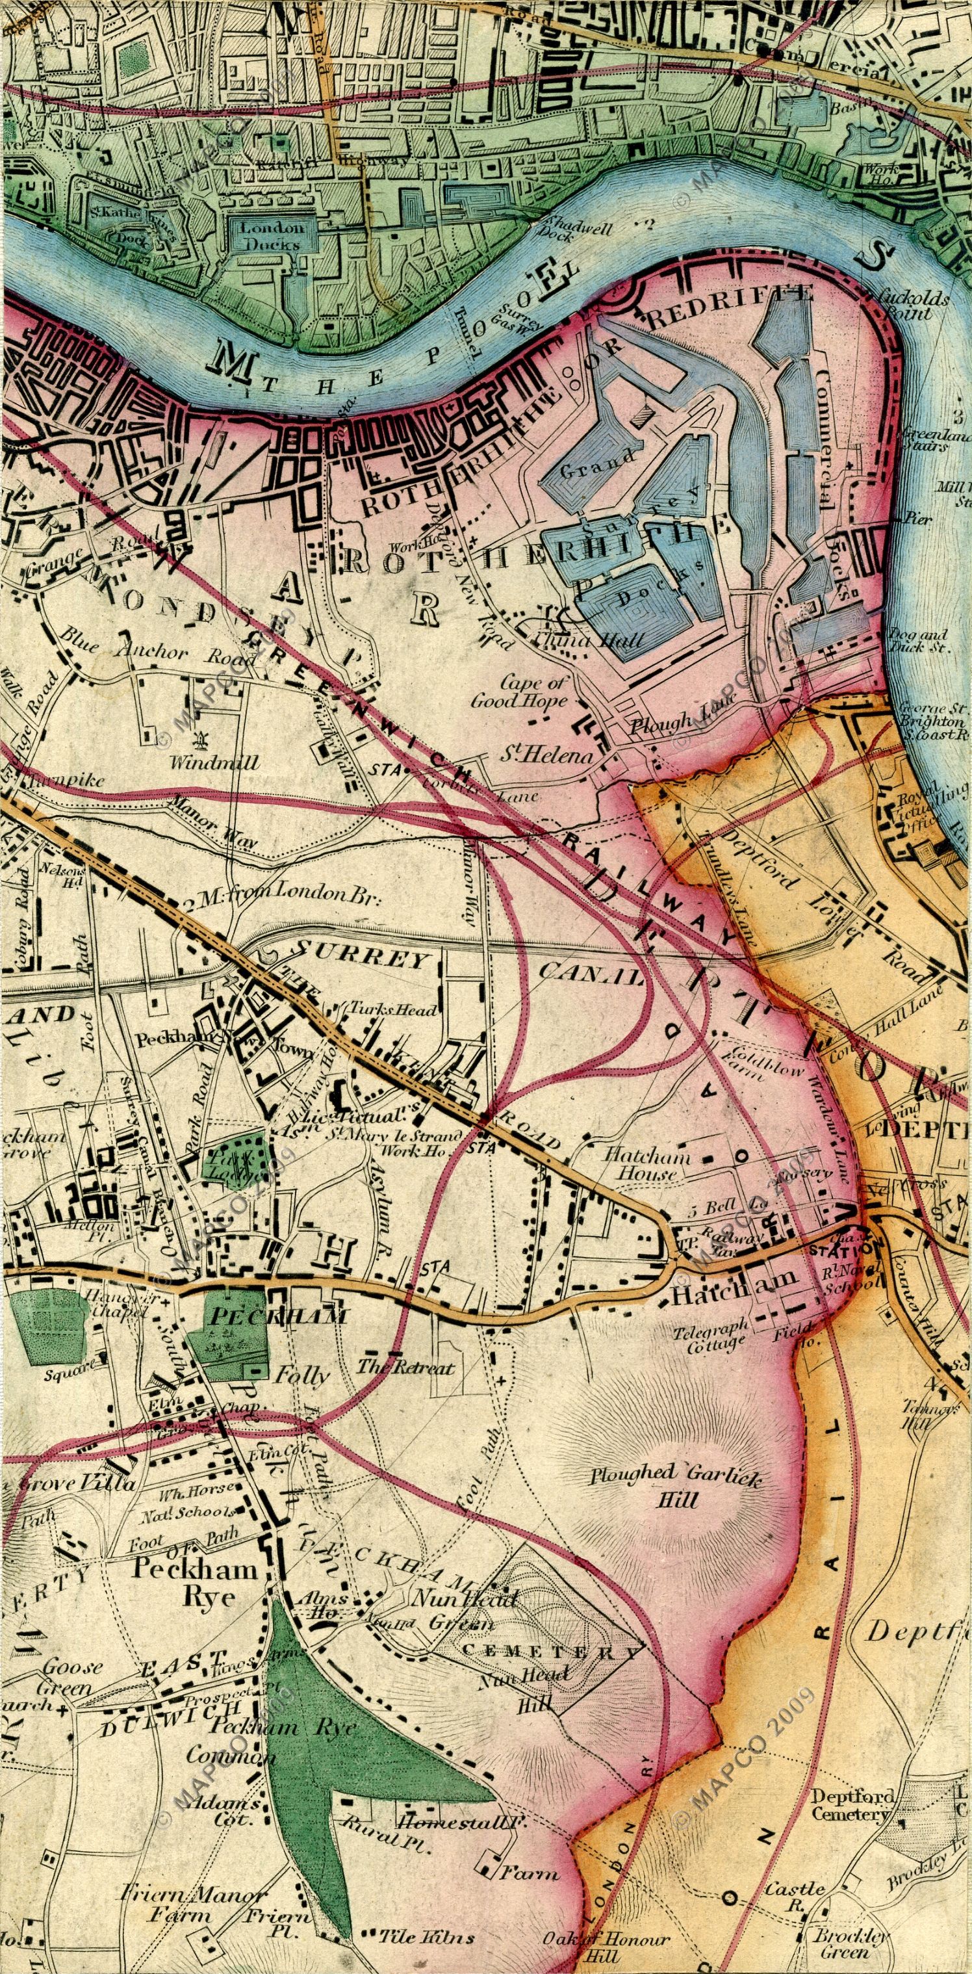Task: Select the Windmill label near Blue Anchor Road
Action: (x=214, y=763)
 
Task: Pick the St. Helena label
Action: (x=547, y=757)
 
